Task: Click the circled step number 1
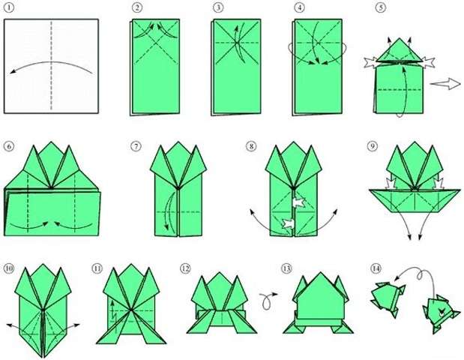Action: click(8, 8)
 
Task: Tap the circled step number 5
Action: click(380, 8)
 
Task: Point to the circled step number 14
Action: click(375, 267)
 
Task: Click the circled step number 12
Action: click(185, 267)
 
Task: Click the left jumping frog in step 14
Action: click(388, 296)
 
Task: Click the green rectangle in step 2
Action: click(155, 67)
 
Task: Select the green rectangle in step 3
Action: click(235, 67)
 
